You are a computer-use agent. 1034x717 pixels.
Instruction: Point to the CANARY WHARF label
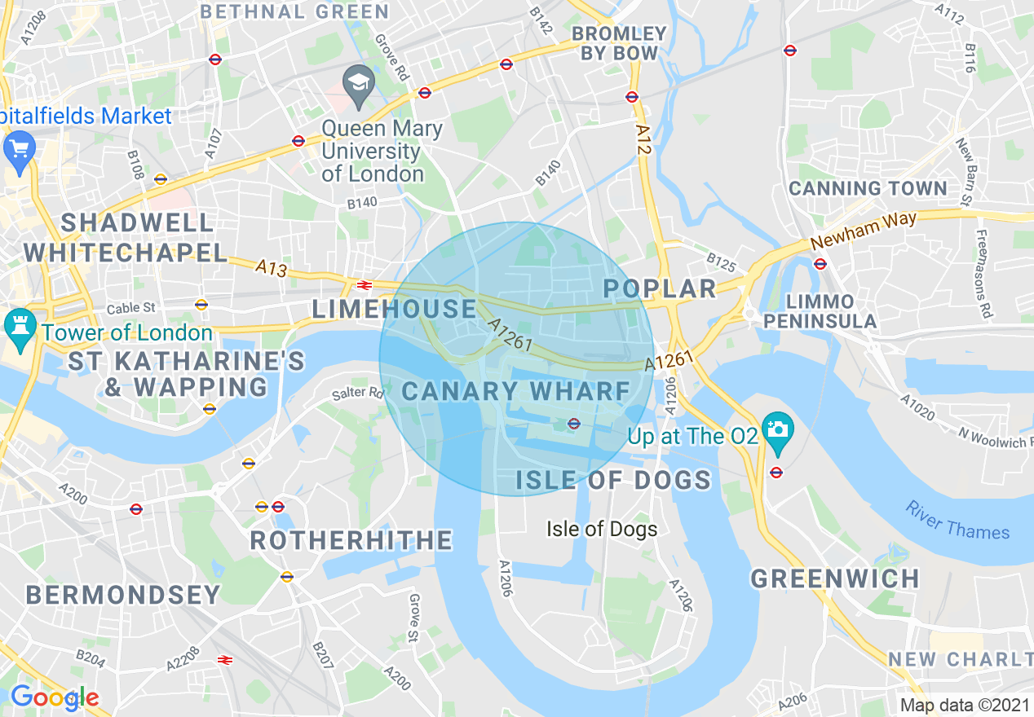pyautogui.click(x=516, y=391)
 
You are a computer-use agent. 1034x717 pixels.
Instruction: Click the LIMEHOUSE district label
pyautogui.click(x=395, y=309)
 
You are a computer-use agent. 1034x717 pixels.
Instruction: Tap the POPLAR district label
pyautogui.click(x=659, y=288)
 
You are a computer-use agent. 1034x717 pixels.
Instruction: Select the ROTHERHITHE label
pyautogui.click(x=351, y=540)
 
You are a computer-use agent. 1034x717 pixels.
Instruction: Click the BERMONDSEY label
pyautogui.click(x=123, y=595)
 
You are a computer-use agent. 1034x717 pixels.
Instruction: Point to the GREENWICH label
pyautogui.click(x=835, y=578)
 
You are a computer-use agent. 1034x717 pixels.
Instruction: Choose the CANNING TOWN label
pyautogui.click(x=868, y=188)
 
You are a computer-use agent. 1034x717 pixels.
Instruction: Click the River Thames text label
pyautogui.click(x=957, y=521)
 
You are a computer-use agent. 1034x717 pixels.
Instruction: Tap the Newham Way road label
pyautogui.click(x=864, y=231)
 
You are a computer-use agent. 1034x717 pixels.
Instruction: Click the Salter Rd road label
pyautogui.click(x=357, y=394)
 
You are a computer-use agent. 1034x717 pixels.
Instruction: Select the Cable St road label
pyautogui.click(x=130, y=309)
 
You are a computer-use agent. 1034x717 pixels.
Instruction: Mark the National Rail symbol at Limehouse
pyautogui.click(x=365, y=284)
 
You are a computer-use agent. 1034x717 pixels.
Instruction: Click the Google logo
pyautogui.click(x=54, y=697)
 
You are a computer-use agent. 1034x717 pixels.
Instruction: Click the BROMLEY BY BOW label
pyautogui.click(x=619, y=43)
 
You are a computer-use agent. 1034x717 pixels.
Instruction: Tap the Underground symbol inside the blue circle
pyautogui.click(x=573, y=423)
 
